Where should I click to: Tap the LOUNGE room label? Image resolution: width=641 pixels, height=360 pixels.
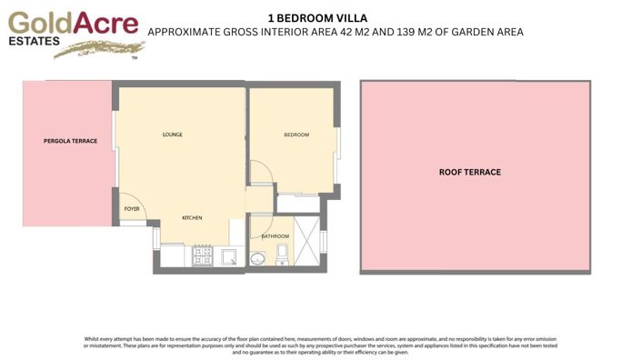173,135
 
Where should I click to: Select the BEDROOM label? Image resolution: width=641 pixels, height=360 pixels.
296,135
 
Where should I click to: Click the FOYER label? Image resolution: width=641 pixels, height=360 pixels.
132,208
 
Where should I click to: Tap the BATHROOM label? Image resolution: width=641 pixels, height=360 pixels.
275,236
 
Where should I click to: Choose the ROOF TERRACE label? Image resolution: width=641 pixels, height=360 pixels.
470,172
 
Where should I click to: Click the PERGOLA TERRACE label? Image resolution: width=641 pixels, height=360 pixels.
69,141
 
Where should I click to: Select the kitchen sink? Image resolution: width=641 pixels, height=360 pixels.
230,257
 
